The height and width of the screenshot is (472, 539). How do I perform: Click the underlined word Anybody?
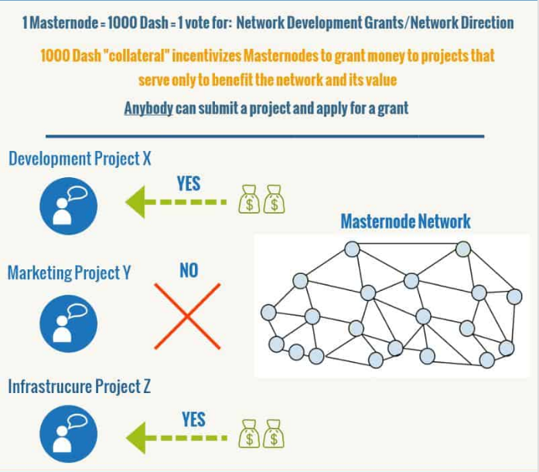click(x=148, y=108)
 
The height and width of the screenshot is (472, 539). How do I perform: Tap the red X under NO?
click(x=187, y=316)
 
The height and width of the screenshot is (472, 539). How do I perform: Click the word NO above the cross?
click(x=189, y=270)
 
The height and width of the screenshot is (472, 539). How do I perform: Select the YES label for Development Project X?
click(x=189, y=183)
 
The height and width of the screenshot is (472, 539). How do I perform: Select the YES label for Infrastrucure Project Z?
click(x=194, y=419)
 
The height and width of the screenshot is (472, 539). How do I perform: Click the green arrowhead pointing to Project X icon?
click(x=135, y=202)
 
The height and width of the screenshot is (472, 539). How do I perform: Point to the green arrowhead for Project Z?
click(x=136, y=438)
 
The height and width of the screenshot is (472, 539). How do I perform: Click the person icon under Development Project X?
click(x=68, y=206)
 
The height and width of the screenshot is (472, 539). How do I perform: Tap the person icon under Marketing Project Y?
click(x=68, y=323)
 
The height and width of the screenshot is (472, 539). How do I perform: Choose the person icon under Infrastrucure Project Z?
click(x=68, y=434)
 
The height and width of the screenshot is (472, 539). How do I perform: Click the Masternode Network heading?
click(x=406, y=221)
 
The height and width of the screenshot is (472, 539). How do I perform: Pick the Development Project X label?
click(x=80, y=159)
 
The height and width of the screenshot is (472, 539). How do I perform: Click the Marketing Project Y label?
click(x=69, y=273)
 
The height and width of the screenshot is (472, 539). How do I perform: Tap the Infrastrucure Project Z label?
click(x=80, y=387)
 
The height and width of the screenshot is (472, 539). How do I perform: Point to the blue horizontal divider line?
click(x=265, y=137)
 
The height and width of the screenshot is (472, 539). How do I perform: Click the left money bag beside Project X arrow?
click(x=249, y=200)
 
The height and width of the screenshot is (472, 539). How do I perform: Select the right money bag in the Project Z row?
click(x=274, y=434)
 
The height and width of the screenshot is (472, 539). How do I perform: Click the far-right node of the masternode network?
click(x=514, y=296)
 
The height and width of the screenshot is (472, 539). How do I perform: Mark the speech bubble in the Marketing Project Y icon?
click(x=77, y=311)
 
